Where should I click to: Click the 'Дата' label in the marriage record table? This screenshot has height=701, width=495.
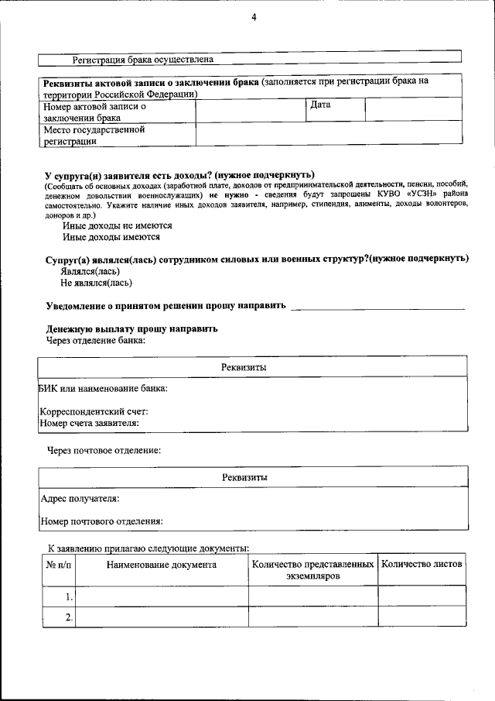pyautogui.click(x=320, y=105)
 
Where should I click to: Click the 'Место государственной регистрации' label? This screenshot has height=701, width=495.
pyautogui.click(x=94, y=135)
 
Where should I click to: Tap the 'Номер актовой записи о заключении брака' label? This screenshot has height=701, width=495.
pyautogui.click(x=94, y=112)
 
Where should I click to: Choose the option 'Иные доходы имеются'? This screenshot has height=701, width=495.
pyautogui.click(x=111, y=238)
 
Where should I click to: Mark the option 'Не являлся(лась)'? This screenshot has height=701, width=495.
pyautogui.click(x=96, y=283)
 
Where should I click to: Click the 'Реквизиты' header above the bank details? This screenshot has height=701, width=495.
pyautogui.click(x=244, y=367)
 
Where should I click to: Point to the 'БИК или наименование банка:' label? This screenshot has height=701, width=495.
pyautogui.click(x=103, y=387)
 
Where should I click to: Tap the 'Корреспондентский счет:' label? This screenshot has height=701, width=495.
pyautogui.click(x=94, y=411)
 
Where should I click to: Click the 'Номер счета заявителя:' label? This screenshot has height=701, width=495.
pyautogui.click(x=89, y=423)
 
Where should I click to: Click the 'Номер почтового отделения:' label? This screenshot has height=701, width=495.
pyautogui.click(x=101, y=521)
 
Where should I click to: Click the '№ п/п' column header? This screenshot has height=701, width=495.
pyautogui.click(x=59, y=565)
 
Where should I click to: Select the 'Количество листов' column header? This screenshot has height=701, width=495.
pyautogui.click(x=422, y=565)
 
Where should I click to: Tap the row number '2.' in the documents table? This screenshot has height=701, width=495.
pyautogui.click(x=69, y=617)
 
